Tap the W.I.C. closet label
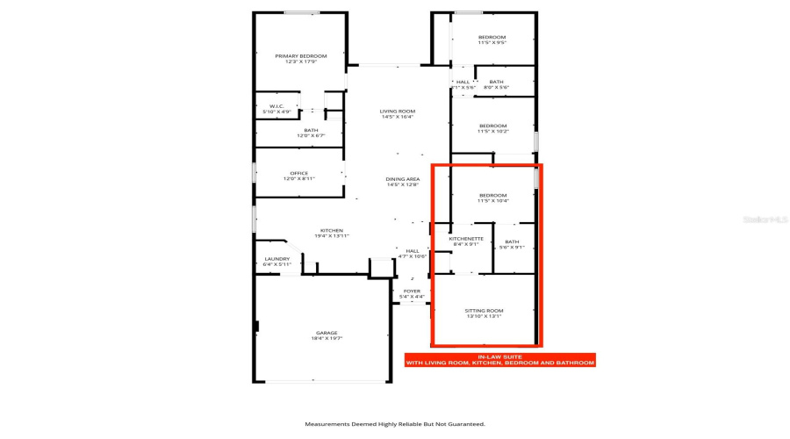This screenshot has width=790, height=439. click(x=276, y=109)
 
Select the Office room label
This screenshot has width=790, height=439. click(x=300, y=176)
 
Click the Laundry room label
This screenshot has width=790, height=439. click(x=277, y=261)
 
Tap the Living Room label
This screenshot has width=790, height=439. click(x=398, y=114)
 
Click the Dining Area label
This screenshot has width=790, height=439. click(x=403, y=182)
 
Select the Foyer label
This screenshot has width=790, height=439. click(x=412, y=293)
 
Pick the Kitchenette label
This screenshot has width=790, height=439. click(x=466, y=241)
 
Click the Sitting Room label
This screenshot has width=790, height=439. click(x=484, y=313)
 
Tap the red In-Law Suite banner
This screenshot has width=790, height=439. click(x=499, y=359)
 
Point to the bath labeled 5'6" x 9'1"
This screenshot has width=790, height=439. click(x=512, y=244)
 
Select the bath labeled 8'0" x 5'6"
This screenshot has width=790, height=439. click(x=497, y=84)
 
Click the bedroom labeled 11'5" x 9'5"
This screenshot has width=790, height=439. click(x=492, y=40)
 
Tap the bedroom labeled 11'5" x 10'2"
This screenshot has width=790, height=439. click(x=492, y=128)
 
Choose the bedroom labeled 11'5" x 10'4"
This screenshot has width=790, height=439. click(x=492, y=198)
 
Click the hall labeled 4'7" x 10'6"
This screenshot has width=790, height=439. click(x=412, y=253)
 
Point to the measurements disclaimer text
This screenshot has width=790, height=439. click(x=395, y=424)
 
